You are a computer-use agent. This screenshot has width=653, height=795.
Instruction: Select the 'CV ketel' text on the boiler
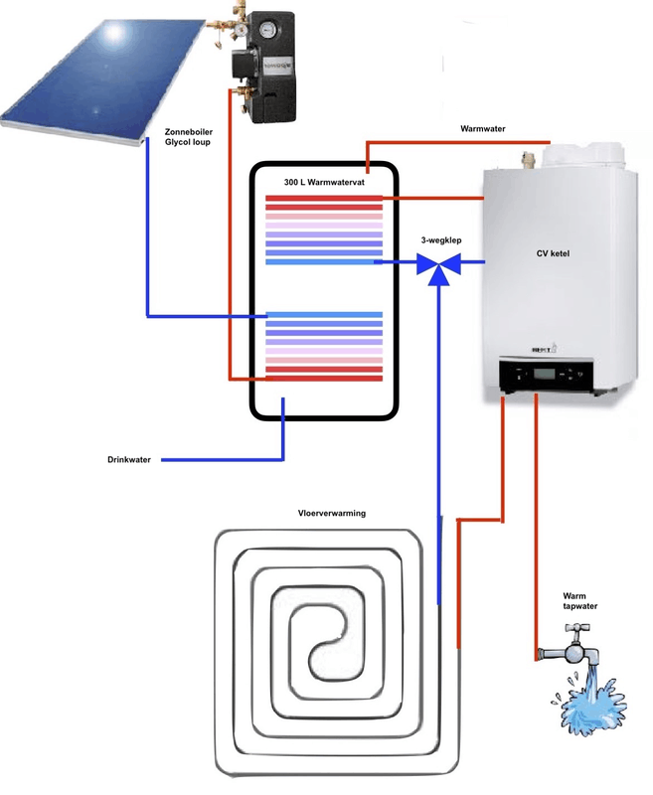point(552,253)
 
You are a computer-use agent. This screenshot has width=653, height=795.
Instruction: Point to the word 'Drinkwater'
point(129,460)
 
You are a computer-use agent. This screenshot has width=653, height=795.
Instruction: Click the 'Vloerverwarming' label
point(332,514)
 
